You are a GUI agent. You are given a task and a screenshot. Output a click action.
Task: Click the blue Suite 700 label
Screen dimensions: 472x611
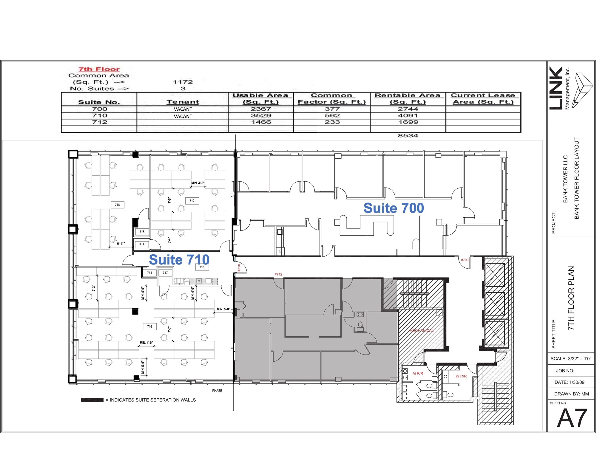coord(394,208)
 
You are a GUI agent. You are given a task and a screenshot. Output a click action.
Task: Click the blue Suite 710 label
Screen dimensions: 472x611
coord(179,260)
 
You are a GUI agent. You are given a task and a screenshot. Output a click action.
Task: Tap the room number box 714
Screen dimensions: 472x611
coord(117,205)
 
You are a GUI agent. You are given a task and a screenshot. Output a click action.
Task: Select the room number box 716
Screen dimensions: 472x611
coord(149,326)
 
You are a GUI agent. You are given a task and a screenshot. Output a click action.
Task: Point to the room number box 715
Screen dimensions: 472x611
coord(142,232)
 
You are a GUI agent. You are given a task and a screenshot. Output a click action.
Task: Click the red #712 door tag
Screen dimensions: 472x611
coord(278,274)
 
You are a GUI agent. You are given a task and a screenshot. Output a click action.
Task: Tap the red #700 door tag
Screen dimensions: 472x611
coord(465,260)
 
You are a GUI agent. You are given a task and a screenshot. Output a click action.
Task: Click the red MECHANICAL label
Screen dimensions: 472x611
coord(421,331)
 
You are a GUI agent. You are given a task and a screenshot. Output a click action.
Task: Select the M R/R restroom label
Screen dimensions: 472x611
coord(418,373)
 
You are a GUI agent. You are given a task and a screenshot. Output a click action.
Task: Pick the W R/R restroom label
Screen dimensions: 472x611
coord(461,376)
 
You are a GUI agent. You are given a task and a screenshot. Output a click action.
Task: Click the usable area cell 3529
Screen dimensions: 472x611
coord(261,116)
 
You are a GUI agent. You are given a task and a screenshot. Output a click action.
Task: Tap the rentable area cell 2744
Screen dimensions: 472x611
coord(408,109)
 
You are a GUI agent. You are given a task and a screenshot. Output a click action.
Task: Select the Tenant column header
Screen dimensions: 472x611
coord(183,102)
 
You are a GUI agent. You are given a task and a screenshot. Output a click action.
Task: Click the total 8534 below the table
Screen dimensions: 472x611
coord(408,136)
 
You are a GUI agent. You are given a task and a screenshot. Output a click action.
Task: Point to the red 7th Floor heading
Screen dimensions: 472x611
coord(99,69)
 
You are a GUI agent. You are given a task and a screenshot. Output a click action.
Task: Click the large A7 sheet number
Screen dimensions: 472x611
coord(572,418)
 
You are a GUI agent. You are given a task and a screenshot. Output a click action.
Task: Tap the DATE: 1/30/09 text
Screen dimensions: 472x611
coord(569,382)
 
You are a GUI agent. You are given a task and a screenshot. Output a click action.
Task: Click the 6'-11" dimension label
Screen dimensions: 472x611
coord(121,244)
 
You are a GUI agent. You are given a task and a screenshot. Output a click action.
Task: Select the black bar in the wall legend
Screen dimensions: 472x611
coord(92,400)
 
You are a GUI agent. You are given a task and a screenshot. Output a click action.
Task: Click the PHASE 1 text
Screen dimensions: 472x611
coord(218,391)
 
